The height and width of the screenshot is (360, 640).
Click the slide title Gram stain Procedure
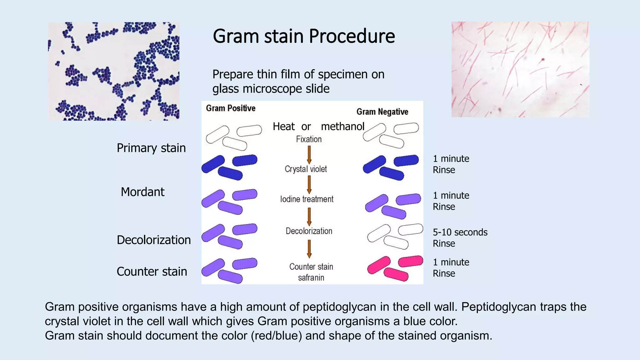304,36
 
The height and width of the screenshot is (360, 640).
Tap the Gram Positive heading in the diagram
231,108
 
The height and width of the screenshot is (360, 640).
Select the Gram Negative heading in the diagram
382,112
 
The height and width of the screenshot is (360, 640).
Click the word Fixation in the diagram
309,139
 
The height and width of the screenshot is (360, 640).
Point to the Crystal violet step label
306,169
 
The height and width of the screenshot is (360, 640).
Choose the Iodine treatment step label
307,199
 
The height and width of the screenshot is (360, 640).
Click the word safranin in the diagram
311,277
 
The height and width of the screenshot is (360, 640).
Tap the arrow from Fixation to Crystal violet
309,155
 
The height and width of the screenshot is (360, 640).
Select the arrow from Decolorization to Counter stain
309,248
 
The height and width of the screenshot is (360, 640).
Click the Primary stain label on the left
151,148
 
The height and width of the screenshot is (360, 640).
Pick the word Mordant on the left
142,192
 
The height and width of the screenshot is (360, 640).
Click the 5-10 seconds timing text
460,232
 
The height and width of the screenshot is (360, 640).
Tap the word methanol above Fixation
342,127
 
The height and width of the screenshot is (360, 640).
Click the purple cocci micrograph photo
114,71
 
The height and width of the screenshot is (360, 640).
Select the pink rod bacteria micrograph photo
520,69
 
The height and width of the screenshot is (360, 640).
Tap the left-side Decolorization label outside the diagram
154,240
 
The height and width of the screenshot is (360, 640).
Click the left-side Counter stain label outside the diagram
152,272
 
